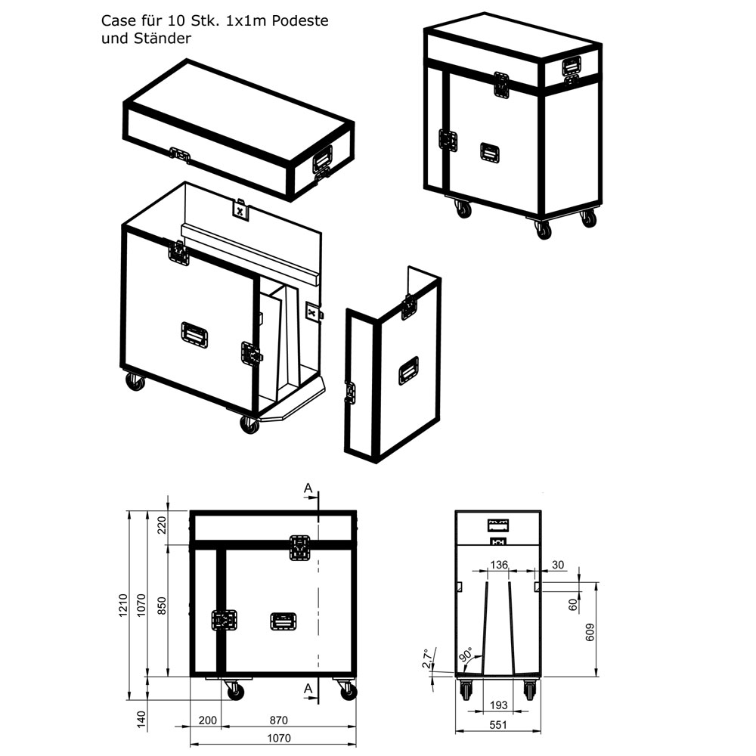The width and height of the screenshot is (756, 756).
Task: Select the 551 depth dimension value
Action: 497,724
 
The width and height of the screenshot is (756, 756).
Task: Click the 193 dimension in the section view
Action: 498,705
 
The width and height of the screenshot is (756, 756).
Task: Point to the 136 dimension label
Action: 499,565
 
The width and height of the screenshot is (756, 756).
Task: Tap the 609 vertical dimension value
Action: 590,633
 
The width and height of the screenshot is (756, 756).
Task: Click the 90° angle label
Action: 464,652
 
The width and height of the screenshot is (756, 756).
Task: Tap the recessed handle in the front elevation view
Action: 283,621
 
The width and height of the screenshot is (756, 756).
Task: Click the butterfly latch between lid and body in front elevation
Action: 300,547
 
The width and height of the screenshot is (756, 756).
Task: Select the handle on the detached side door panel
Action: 409,370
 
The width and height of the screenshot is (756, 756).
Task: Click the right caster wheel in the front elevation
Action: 347,690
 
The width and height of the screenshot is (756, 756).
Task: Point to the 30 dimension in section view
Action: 558,565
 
